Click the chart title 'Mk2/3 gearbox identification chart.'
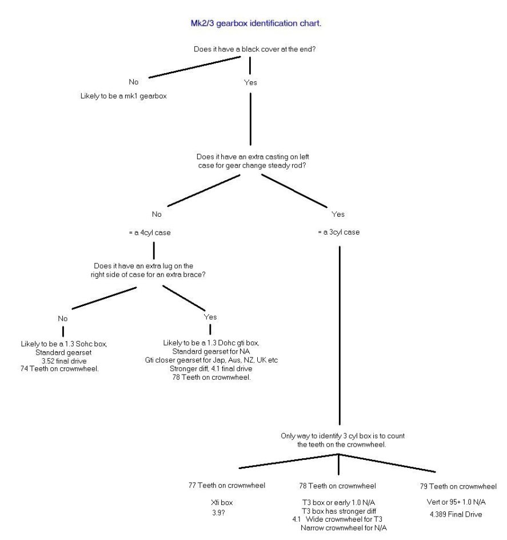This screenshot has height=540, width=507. [x=256, y=23]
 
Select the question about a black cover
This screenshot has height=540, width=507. [x=254, y=49]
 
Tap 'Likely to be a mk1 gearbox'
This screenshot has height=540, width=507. [x=123, y=96]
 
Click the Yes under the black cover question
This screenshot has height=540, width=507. [x=250, y=82]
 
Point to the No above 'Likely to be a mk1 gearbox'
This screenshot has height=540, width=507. [x=134, y=82]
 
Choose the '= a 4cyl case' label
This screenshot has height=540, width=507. [x=150, y=233]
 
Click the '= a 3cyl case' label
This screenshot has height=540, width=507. [x=339, y=232]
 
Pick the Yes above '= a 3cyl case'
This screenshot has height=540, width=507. [x=338, y=214]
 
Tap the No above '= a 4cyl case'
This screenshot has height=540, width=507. [x=157, y=214]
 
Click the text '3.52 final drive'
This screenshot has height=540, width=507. [x=64, y=361]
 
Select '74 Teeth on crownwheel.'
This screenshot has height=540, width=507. [x=59, y=369]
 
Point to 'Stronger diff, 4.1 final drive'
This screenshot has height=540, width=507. [x=211, y=368]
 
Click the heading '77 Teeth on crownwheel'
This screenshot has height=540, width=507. [x=227, y=485]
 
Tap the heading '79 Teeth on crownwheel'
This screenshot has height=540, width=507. [x=458, y=486]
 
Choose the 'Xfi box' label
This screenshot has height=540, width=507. [x=222, y=502]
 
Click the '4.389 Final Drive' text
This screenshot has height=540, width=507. [x=456, y=514]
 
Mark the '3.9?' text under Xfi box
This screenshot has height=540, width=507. [x=218, y=513]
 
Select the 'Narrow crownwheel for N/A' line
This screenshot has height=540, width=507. [x=344, y=527]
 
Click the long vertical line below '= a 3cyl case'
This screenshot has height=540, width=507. [x=340, y=336]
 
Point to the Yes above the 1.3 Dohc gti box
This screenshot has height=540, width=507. [x=210, y=317]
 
